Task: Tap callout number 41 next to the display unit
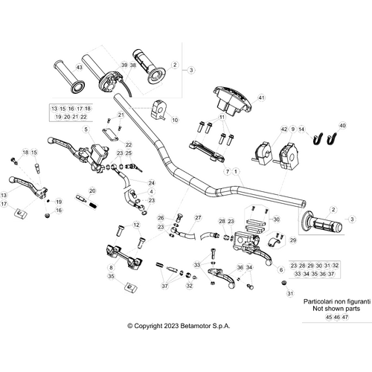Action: click(x=261, y=97)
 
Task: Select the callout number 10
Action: click(x=174, y=119)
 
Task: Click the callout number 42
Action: click(x=283, y=129)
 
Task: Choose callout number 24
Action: click(x=152, y=182)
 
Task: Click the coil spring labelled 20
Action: click(x=94, y=202)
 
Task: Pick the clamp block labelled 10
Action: click(x=158, y=108)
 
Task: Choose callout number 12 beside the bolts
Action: click(x=135, y=224)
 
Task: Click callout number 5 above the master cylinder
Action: click(x=86, y=129)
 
